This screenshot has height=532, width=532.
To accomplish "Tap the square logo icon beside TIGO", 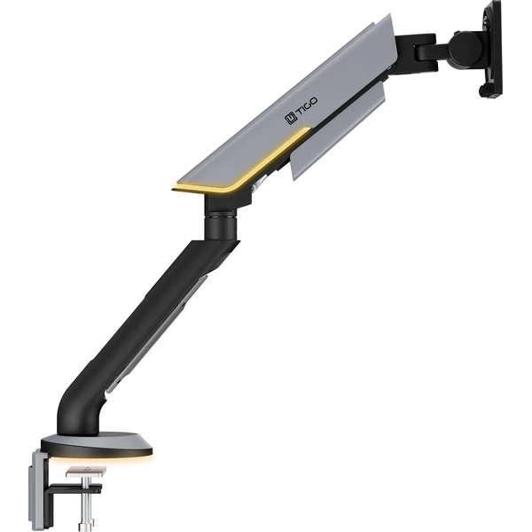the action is pyautogui.click(x=291, y=118).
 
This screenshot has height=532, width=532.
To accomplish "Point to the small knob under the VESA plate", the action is pyautogui.click(x=483, y=90).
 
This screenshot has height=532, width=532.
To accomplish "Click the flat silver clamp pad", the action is pyautogui.click(x=86, y=472).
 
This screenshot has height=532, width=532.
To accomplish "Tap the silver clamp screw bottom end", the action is pyautogui.click(x=87, y=525).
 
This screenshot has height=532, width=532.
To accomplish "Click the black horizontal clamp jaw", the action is pyautogui.click(x=74, y=489).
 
